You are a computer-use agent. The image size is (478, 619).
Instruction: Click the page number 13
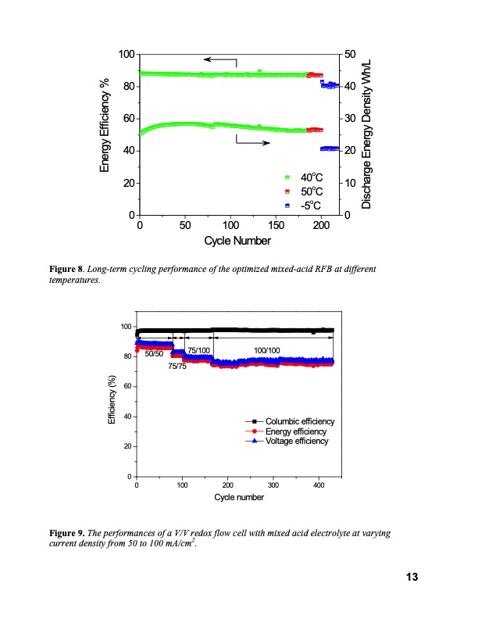coord(412,578)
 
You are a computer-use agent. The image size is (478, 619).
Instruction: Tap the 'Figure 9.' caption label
coord(67,532)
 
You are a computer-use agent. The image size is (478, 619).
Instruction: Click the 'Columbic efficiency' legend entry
coord(299,422)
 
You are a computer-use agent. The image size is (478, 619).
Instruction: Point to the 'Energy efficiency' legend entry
coord(296,431)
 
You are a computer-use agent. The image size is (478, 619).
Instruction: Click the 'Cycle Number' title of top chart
coord(238,241)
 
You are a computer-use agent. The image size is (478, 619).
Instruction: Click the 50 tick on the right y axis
coord(351,54)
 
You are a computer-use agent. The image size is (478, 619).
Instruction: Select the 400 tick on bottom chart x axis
coord(319,486)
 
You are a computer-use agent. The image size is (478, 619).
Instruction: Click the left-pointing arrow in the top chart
coord(220,59)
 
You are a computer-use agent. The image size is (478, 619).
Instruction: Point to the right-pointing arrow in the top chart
coord(253,143)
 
